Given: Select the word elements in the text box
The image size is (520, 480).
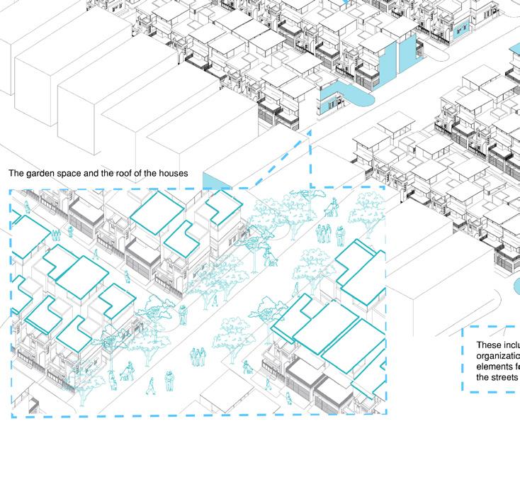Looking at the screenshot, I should click(x=494, y=367).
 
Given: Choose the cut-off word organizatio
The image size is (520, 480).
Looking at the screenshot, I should click(x=498, y=357).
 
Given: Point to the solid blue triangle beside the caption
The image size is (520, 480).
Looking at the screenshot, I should click(x=215, y=181).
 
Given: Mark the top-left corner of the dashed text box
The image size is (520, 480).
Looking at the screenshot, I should click(x=463, y=328).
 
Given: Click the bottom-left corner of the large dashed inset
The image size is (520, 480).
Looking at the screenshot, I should click(x=11, y=416).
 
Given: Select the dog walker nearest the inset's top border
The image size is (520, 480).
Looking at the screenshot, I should click(x=331, y=207).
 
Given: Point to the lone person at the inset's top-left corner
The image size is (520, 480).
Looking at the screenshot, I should click(x=28, y=207).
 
